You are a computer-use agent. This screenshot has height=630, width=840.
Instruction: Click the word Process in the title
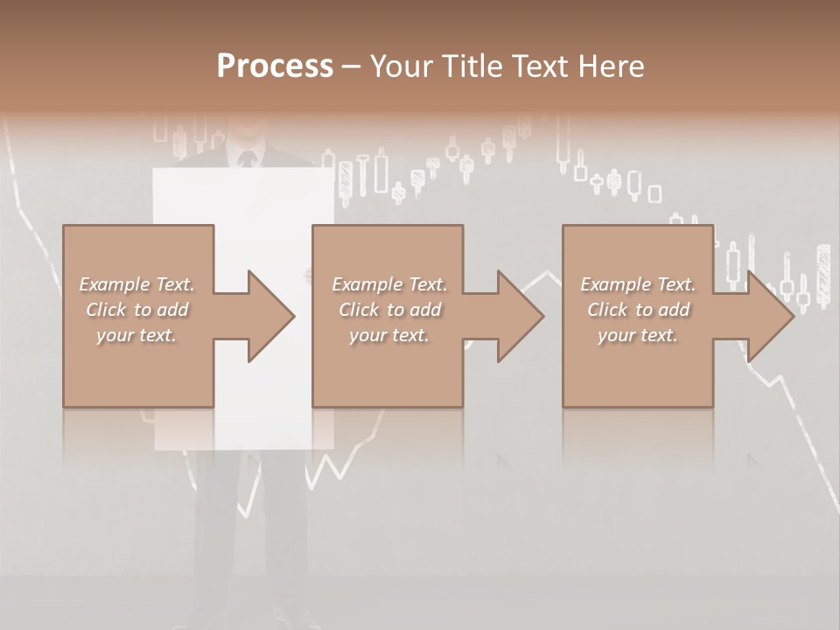pos(275,66)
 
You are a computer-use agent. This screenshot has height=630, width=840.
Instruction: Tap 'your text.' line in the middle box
pos(388,335)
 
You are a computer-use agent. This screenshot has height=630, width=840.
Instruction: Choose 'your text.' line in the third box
pos(637,335)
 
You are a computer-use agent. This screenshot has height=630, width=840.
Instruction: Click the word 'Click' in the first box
pos(105,310)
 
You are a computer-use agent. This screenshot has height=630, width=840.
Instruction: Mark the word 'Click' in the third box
pos(606,310)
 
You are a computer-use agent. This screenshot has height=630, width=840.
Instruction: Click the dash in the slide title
pos(352,66)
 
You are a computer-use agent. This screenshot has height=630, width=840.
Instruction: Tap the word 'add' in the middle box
pos(424,310)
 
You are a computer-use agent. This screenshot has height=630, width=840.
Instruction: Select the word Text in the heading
pos(536,66)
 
